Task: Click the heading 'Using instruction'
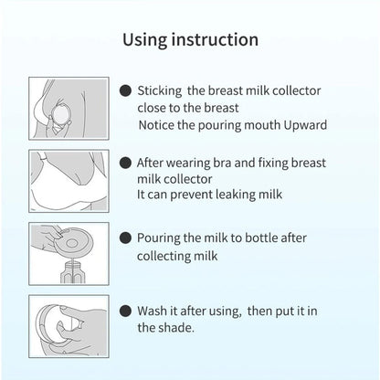(190, 40)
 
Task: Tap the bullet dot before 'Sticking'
(125, 91)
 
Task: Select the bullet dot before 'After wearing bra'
(125, 162)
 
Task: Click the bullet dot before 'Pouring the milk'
(125, 237)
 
